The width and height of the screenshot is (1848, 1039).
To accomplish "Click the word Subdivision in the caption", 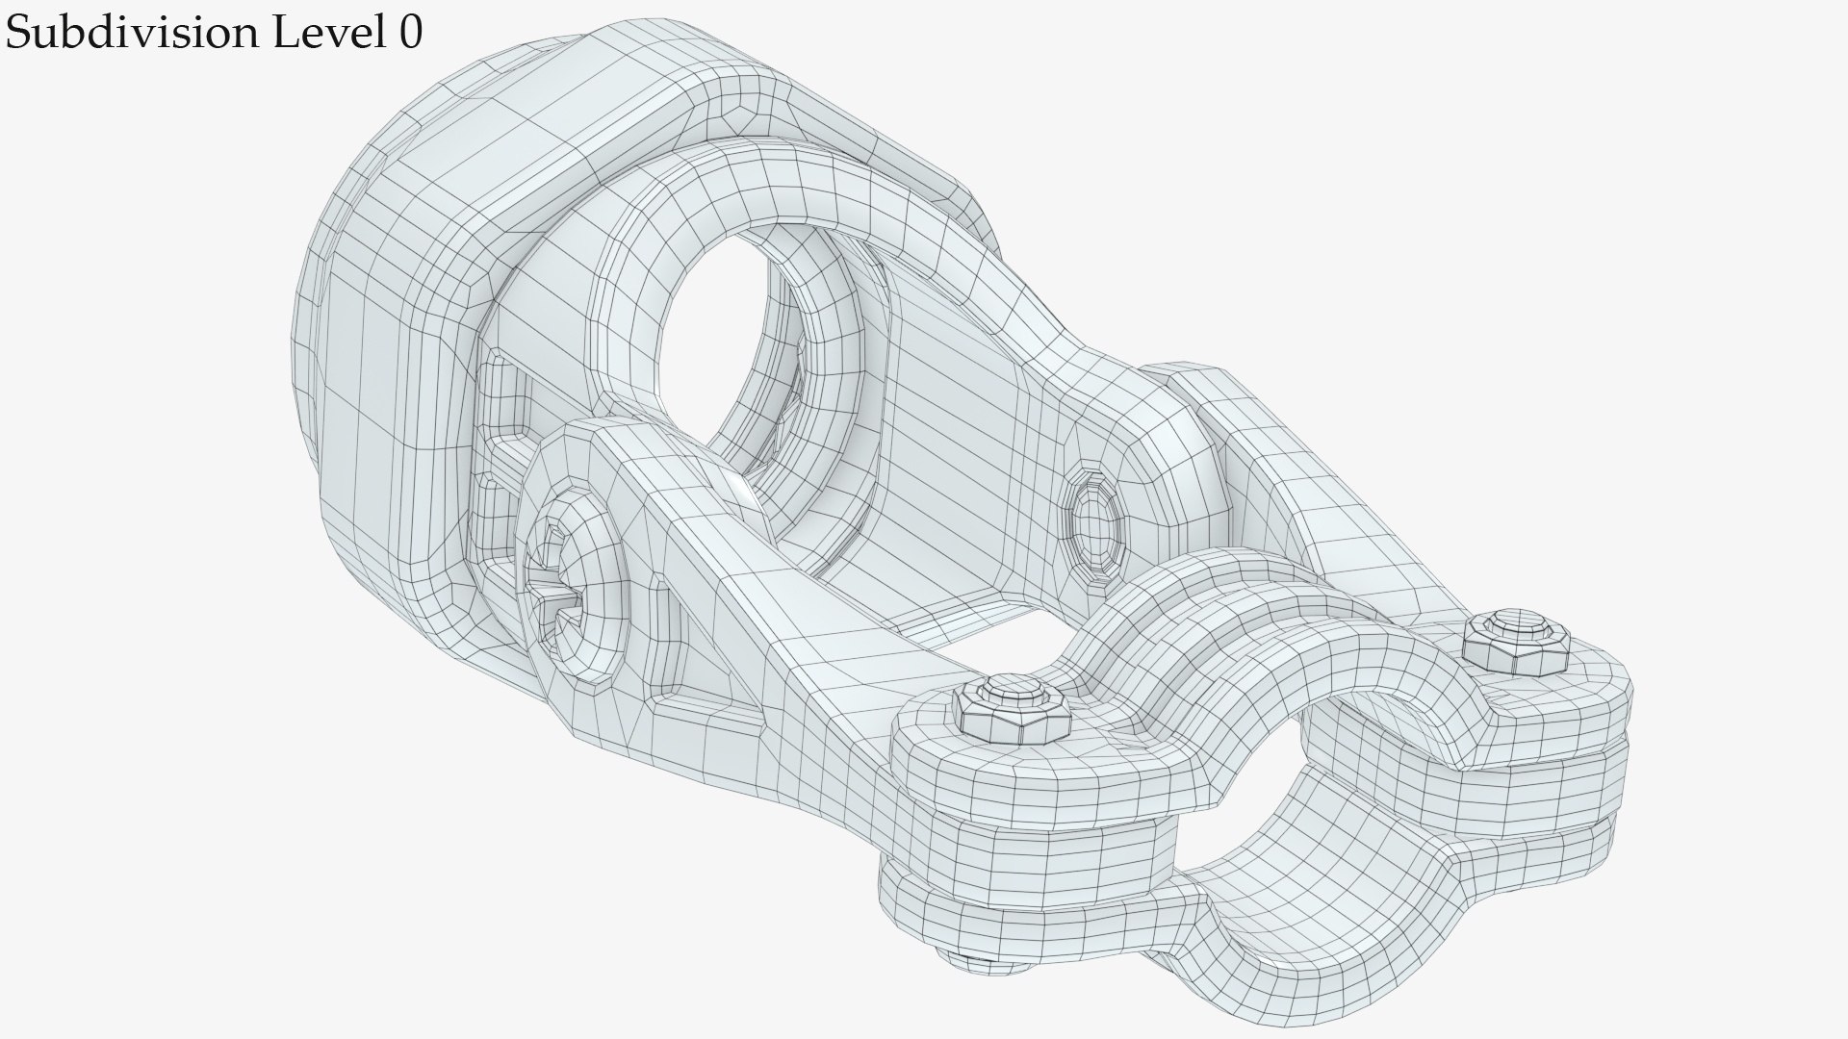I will click(x=129, y=33).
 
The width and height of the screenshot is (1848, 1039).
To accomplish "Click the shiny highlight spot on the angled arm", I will click(x=741, y=495).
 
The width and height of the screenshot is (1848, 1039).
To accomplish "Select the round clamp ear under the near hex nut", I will click(x=1011, y=770).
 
